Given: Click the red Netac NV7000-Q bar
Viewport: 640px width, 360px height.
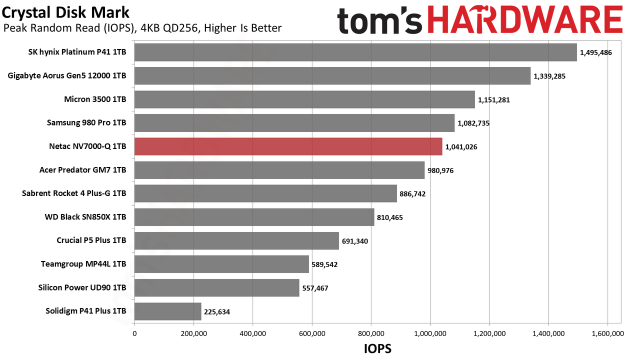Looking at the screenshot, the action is point(288,146).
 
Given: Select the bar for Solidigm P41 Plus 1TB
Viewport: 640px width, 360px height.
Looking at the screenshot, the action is point(168,311).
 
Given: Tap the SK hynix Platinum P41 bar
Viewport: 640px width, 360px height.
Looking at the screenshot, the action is point(355,52).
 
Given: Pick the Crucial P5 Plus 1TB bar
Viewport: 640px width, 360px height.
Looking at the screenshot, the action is point(237,241).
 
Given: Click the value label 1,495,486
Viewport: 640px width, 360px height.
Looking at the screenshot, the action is point(595,52).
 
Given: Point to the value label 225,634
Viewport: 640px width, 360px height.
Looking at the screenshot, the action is point(217,311).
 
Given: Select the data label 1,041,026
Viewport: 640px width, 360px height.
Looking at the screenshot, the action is point(461,147).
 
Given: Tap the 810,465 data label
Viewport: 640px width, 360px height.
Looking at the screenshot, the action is point(389,217).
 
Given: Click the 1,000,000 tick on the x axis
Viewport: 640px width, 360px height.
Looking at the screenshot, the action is point(430,333).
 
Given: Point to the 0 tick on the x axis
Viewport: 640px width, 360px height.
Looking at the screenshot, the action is point(134,333).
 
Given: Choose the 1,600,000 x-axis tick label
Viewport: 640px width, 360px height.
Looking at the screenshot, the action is point(607,333).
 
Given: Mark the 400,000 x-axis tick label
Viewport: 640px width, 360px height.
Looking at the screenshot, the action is point(253,333).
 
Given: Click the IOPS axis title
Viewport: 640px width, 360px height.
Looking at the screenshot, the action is point(377,348).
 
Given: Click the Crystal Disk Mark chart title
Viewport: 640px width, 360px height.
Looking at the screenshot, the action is point(65,12).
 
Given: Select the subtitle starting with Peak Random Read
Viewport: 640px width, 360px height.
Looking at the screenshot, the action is point(142,28).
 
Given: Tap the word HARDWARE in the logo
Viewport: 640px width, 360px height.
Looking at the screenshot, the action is point(525,19).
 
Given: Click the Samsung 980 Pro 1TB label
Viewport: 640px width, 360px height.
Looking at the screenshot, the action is point(86,122).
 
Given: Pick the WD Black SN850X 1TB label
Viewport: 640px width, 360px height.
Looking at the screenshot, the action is point(85,217).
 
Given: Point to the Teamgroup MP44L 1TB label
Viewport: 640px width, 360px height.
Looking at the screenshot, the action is point(83,264).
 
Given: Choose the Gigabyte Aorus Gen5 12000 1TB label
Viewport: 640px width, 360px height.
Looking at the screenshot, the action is point(67,75).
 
